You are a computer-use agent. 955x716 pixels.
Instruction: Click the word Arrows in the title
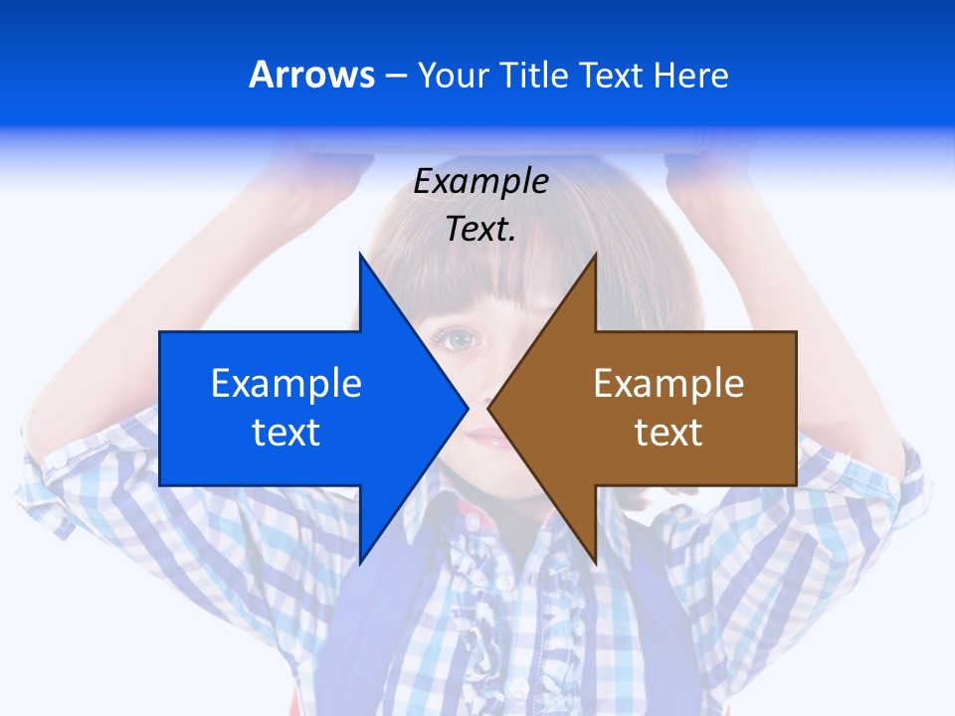pos(312,75)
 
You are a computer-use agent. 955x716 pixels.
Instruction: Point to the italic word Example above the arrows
pos(480,182)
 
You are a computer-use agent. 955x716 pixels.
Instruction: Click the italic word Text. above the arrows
pos(480,230)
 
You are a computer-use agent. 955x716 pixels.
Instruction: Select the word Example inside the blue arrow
pos(286,384)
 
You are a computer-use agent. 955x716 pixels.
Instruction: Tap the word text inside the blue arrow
pos(286,433)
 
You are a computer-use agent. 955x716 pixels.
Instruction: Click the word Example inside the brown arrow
pos(668,384)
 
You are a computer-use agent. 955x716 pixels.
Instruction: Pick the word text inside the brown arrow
pos(668,433)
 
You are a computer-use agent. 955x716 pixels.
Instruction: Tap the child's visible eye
pos(459,340)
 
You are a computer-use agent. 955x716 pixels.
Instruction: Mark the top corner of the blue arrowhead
pos(361,256)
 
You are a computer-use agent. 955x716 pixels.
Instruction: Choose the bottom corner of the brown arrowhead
pos(595,562)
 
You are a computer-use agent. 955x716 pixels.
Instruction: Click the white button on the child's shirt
pos(505,582)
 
